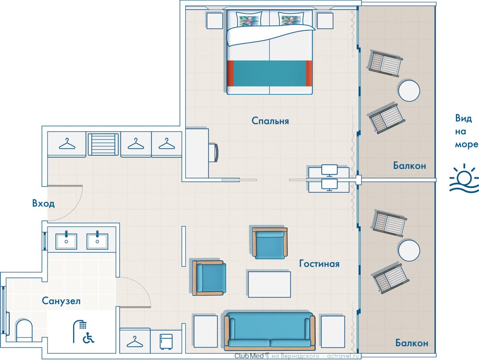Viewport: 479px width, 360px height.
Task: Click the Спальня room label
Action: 270,121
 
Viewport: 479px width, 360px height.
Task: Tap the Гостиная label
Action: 319,263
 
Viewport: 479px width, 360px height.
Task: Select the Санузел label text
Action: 61,301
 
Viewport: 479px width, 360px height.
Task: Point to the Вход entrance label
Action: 43,203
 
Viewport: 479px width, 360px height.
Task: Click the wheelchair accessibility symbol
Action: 89,338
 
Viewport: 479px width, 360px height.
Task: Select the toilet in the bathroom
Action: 24,330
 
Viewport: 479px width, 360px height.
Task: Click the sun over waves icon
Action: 464,178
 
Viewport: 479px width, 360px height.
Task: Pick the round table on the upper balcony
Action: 409,90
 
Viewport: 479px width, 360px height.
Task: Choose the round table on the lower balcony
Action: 409,250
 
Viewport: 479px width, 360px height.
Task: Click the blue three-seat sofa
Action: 270,331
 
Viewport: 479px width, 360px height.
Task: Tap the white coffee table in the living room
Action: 269,284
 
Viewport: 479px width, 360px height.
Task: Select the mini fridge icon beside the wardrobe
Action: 166,342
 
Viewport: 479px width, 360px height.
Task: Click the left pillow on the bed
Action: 249,19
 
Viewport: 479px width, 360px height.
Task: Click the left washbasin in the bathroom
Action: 66,241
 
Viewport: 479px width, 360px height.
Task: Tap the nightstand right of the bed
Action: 325,21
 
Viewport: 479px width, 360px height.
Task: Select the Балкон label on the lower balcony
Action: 412,343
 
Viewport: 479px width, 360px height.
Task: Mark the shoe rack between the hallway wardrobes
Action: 103,144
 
